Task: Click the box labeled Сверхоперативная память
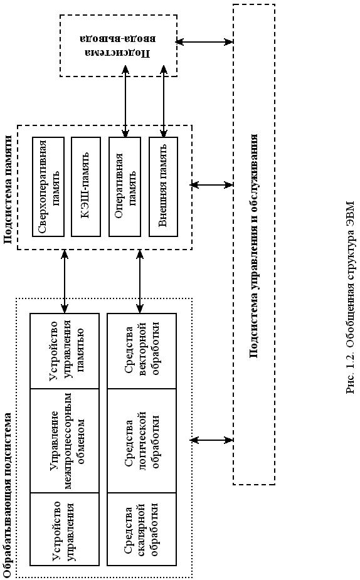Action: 48,187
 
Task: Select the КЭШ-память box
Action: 86,187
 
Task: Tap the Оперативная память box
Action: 125,187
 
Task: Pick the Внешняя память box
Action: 163,187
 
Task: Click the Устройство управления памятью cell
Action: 65,351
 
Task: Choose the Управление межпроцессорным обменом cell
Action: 65,441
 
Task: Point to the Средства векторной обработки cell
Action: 142,351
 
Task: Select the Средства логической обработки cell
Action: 142,441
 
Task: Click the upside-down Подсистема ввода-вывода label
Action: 119,46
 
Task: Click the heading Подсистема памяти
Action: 8,189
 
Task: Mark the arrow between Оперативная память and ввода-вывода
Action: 125,102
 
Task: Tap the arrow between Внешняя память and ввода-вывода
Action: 163,102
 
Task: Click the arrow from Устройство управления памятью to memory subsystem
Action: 65,282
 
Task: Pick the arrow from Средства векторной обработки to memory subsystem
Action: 140,282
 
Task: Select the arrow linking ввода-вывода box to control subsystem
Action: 204,41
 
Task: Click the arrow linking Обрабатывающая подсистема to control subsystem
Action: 211,440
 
